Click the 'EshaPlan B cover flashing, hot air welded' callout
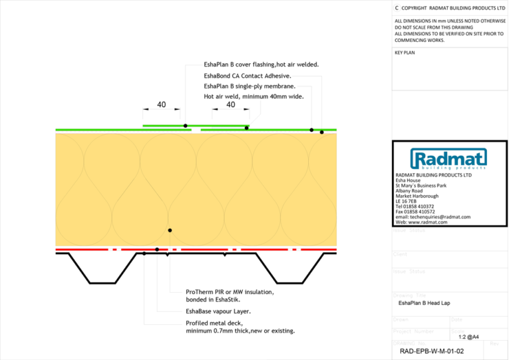(x=261, y=65)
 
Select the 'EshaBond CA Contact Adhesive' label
(x=248, y=76)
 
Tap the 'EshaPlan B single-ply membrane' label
(x=250, y=87)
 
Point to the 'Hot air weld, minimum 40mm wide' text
(x=254, y=96)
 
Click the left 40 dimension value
(x=161, y=104)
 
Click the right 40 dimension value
(x=231, y=104)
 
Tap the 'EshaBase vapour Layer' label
(x=218, y=311)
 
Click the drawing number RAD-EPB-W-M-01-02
(x=432, y=351)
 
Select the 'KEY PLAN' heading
(x=405, y=53)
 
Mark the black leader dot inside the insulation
(x=170, y=230)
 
